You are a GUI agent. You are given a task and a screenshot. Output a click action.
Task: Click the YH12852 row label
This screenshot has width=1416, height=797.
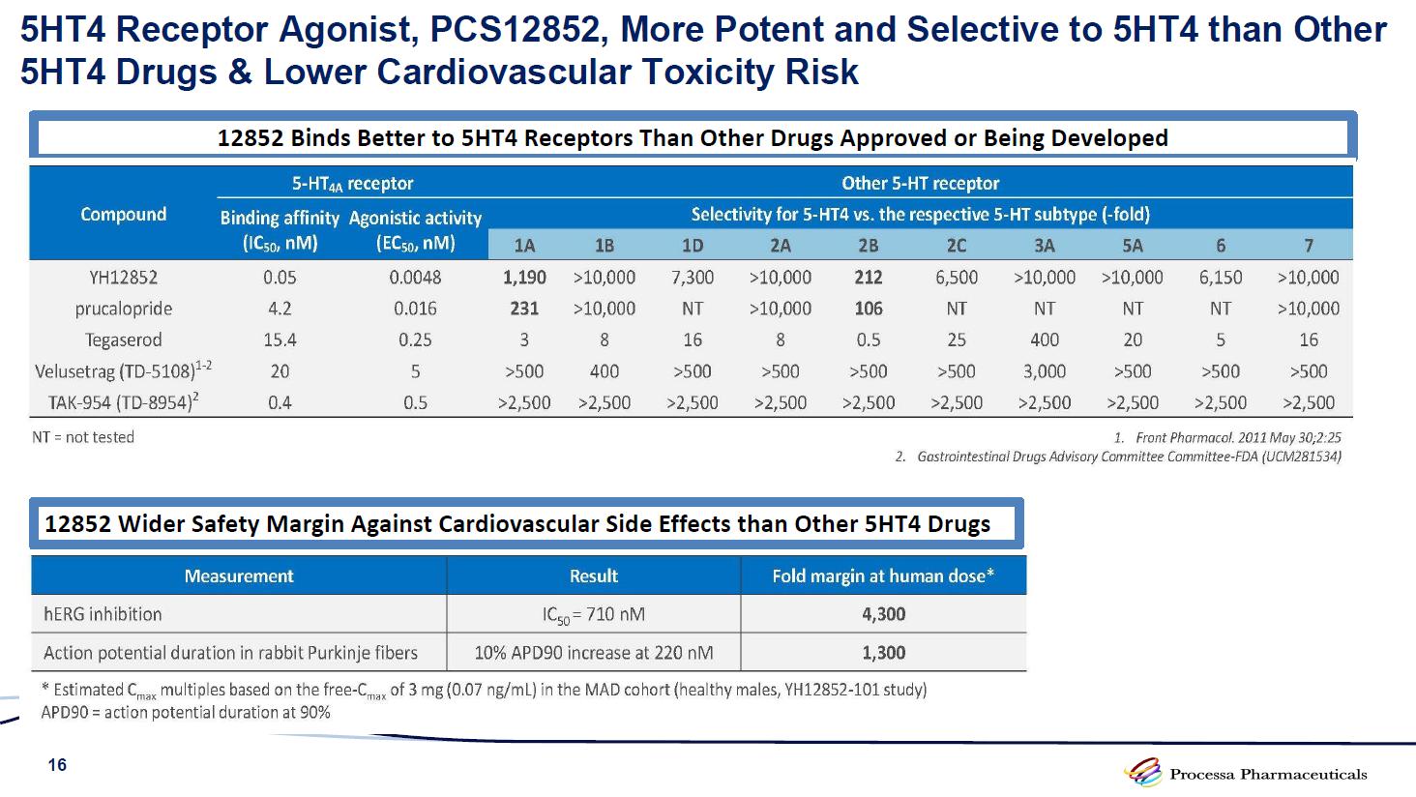[123, 278]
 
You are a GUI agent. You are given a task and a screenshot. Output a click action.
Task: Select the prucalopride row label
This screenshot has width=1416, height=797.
[123, 309]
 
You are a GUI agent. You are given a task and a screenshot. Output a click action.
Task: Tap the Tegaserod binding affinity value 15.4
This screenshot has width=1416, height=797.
[280, 340]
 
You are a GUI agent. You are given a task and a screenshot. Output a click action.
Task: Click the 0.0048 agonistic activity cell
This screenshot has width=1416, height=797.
[415, 278]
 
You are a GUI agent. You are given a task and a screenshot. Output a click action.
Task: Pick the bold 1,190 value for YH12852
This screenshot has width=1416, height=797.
[524, 278]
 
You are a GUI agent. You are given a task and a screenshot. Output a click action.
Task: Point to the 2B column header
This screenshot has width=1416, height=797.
[869, 246]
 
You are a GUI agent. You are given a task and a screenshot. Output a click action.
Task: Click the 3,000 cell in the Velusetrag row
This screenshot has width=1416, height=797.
[1045, 371]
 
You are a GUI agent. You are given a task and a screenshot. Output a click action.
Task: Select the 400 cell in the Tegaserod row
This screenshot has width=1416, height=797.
[1045, 340]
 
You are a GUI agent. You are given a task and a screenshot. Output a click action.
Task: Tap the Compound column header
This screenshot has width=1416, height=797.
[123, 214]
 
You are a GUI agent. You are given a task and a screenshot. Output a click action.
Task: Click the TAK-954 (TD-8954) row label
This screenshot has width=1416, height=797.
[123, 402]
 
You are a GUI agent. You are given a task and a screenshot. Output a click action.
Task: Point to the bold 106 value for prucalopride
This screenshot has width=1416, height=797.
[869, 309]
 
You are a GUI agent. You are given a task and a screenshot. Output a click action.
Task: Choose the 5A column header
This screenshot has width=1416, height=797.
[1133, 246]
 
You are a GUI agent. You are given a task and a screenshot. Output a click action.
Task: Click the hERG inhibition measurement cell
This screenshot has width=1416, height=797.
[103, 614]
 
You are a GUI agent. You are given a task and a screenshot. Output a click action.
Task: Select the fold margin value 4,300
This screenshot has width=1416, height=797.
[883, 614]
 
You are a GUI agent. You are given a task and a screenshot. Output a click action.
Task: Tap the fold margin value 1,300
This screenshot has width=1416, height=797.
[883, 653]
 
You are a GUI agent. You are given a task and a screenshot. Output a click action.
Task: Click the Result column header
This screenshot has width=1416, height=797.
[593, 576]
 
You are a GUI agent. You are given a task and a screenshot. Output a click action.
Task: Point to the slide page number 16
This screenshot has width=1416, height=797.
[58, 765]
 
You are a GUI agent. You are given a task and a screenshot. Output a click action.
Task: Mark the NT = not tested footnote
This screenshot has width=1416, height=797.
[83, 437]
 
